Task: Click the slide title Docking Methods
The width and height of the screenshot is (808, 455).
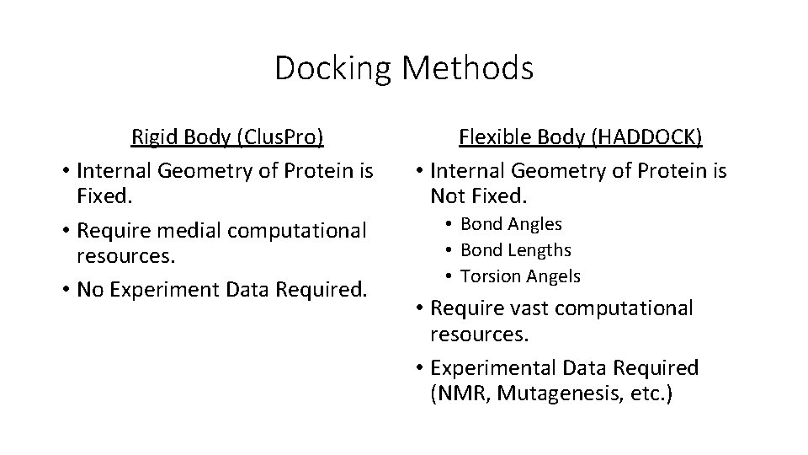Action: (x=404, y=68)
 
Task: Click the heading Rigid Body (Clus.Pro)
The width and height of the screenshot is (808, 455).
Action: (x=227, y=136)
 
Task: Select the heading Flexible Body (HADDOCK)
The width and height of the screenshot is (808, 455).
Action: (x=581, y=136)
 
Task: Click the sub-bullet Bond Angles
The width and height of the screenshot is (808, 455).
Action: (x=511, y=224)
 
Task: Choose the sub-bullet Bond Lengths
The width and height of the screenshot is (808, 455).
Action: (x=516, y=250)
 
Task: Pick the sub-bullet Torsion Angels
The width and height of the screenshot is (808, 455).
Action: (x=520, y=276)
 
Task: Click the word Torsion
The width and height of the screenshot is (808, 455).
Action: (x=491, y=276)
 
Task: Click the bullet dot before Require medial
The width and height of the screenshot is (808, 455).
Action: (x=65, y=230)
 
